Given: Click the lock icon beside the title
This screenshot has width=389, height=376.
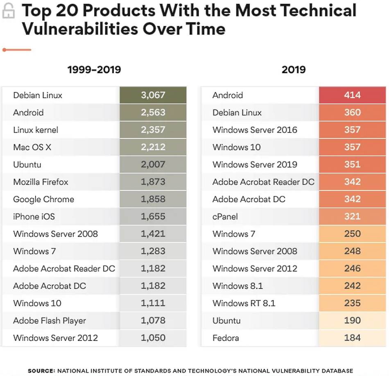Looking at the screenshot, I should pyautogui.click(x=9, y=11).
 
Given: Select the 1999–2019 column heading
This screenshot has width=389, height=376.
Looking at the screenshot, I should pyautogui.click(x=94, y=70).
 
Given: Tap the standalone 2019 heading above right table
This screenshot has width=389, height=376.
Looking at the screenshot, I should pyautogui.click(x=294, y=70).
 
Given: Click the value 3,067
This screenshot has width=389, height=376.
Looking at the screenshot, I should pyautogui.click(x=153, y=95).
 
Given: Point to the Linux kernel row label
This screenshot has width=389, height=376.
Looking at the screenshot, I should pyautogui.click(x=36, y=130).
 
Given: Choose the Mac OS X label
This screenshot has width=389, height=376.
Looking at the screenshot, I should pyautogui.click(x=32, y=147).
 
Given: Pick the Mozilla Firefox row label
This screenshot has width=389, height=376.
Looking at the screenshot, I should pyautogui.click(x=41, y=182).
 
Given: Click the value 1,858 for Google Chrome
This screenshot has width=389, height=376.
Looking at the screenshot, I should pyautogui.click(x=153, y=199).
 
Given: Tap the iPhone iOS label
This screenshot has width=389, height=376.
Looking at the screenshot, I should pyautogui.click(x=34, y=217).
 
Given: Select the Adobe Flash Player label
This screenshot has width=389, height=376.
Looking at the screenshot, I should pyautogui.click(x=50, y=321).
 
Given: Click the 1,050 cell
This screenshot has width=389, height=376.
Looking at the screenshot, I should pyautogui.click(x=153, y=338).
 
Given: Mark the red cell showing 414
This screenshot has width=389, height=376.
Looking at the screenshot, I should pyautogui.click(x=352, y=95).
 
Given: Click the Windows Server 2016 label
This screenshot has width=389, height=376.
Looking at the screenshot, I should pyautogui.click(x=255, y=130).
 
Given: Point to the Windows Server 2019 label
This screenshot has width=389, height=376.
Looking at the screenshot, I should pyautogui.click(x=255, y=165).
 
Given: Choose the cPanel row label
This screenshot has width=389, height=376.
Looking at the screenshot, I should pyautogui.click(x=225, y=217).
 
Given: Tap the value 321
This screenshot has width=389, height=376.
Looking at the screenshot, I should pyautogui.click(x=352, y=217).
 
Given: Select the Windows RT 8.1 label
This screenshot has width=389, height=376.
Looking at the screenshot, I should pyautogui.click(x=244, y=304).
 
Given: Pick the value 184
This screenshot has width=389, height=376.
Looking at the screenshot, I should pyautogui.click(x=352, y=338).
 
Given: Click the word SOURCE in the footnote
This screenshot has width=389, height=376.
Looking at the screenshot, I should pyautogui.click(x=41, y=371).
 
